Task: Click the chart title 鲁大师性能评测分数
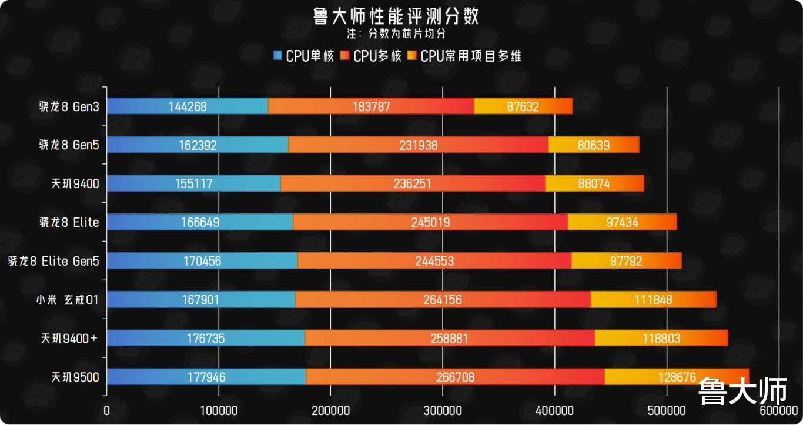point(401,16)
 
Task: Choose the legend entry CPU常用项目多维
point(465,56)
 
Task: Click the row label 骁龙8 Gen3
point(69,106)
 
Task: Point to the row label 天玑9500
point(75,377)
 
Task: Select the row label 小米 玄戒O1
point(67,300)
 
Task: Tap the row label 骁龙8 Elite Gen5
point(53,261)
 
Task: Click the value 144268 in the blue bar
point(187,106)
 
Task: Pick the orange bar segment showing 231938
point(418,145)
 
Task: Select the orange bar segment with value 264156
point(442,300)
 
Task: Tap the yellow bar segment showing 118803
point(661,339)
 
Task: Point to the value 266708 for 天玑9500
point(455,377)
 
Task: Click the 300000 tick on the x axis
point(442,410)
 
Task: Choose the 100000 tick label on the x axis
point(219,410)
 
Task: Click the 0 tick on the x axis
point(106,410)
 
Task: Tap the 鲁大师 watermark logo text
point(742,391)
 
